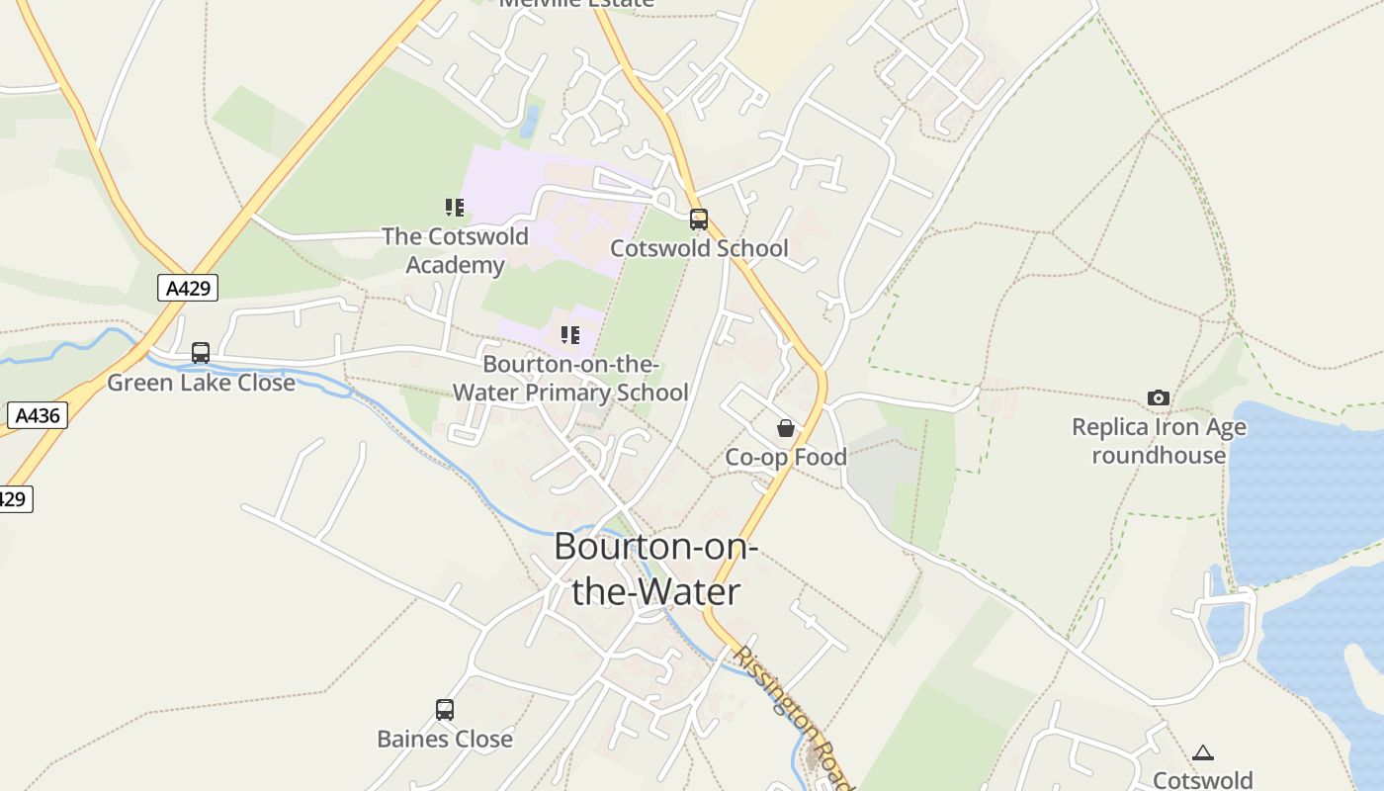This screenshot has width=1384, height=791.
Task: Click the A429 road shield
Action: (187, 288)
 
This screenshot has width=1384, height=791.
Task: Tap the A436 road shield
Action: (38, 415)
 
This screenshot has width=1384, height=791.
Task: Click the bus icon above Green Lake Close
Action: (201, 353)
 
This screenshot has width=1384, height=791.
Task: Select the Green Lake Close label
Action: (201, 383)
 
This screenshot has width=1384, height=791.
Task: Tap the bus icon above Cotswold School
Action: (699, 220)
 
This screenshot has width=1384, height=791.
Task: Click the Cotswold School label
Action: (699, 248)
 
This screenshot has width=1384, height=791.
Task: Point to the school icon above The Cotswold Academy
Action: (455, 208)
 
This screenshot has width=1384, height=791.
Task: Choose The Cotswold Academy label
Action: (455, 250)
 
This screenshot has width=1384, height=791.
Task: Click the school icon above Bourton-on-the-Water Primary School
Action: (570, 335)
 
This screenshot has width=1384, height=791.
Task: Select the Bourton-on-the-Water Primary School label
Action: (570, 378)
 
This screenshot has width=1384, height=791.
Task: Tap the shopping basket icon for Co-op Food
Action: (786, 428)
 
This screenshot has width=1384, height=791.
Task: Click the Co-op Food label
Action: (786, 457)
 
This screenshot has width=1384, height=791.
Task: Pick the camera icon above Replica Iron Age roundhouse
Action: (1159, 398)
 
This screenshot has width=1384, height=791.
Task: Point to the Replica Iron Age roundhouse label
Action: (1159, 441)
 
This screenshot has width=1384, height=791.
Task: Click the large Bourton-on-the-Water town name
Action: (655, 569)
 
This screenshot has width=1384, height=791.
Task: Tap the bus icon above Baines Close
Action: (445, 710)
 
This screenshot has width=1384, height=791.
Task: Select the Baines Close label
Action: (445, 739)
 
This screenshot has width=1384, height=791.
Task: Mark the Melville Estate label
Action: (576, 3)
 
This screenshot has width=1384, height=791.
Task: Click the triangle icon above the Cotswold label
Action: (1203, 753)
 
